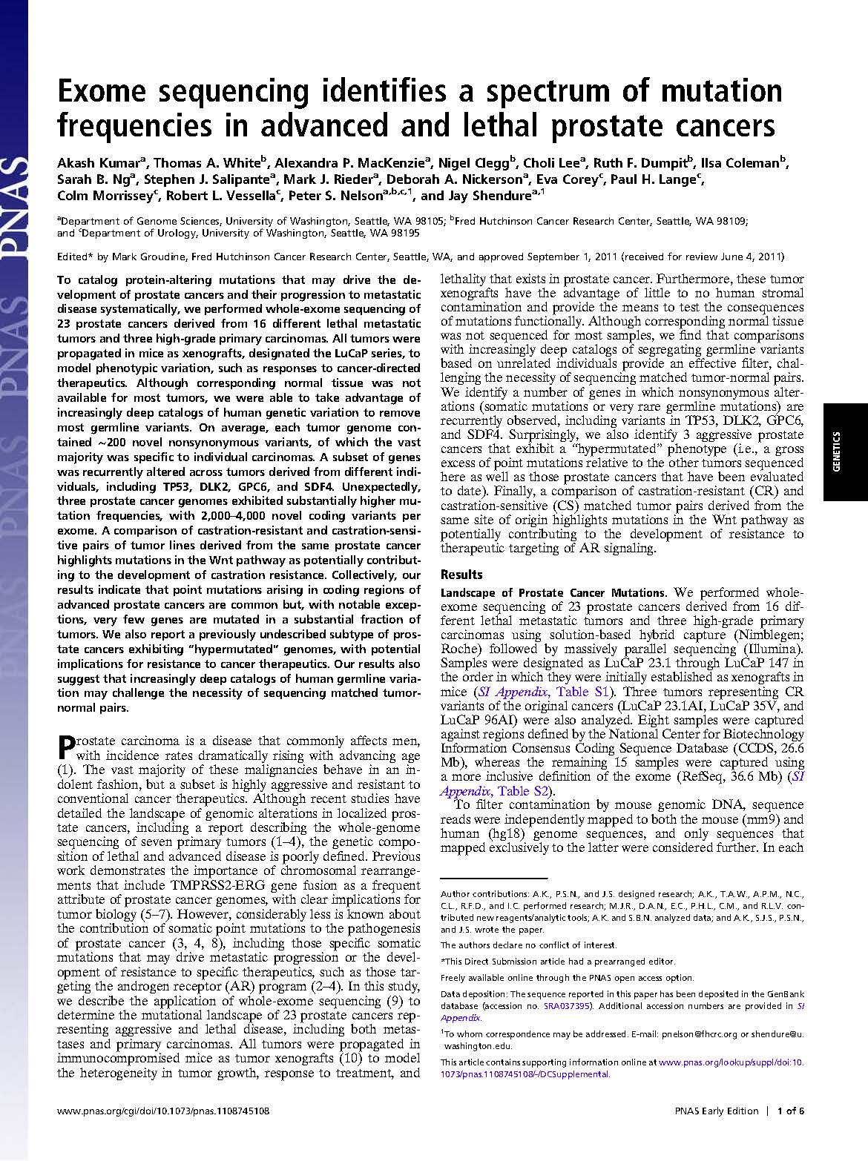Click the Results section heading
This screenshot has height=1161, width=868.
tap(461, 575)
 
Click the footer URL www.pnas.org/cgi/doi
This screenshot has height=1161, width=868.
tap(162, 1111)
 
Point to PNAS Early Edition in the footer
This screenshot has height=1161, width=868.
tap(716, 1111)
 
